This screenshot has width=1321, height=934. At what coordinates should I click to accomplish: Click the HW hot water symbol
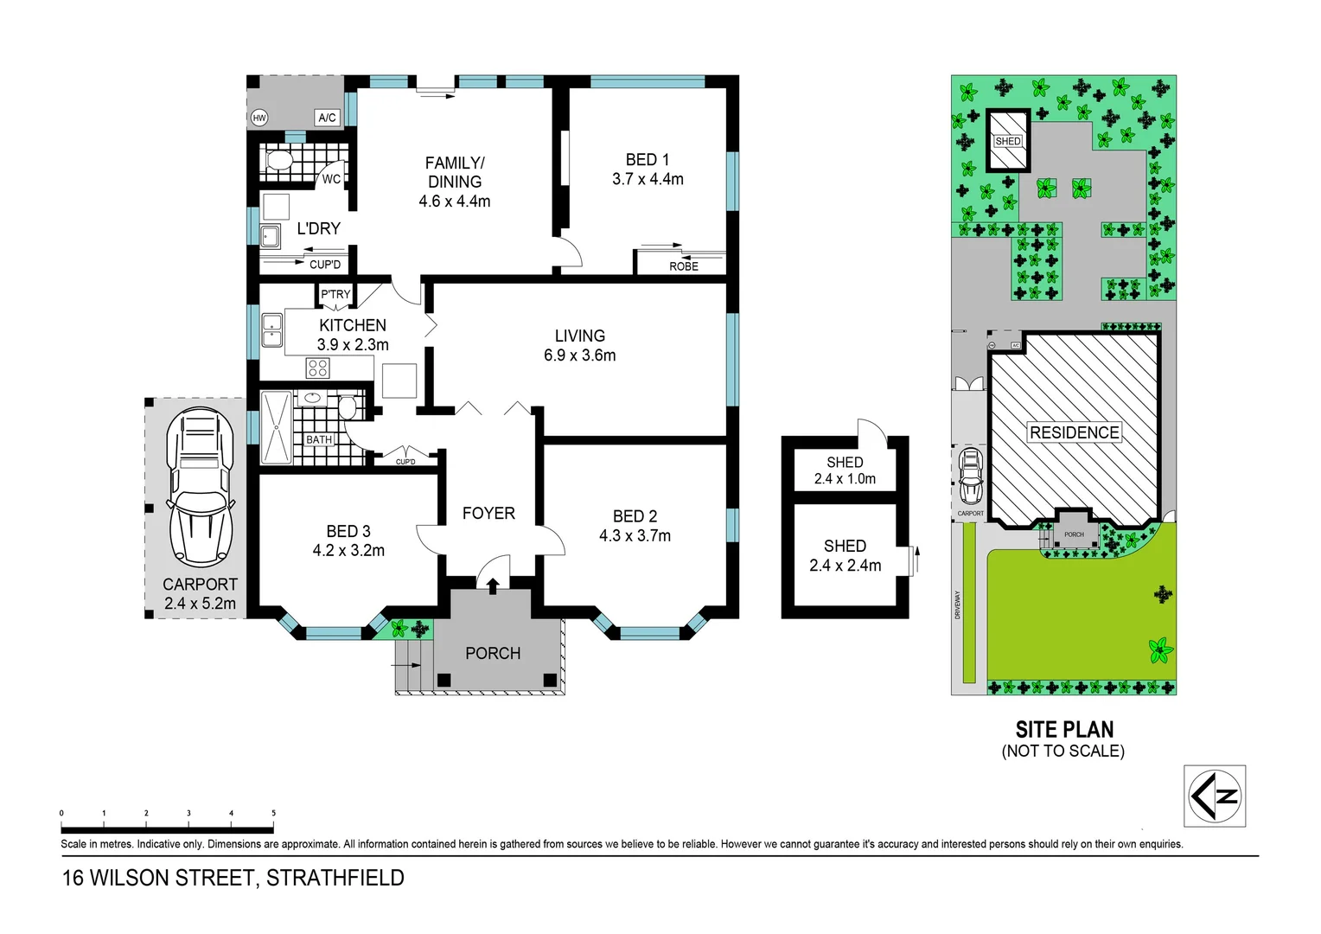click(x=259, y=118)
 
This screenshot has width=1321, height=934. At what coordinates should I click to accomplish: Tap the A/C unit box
click(x=327, y=118)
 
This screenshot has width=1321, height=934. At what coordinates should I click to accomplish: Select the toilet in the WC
click(x=279, y=161)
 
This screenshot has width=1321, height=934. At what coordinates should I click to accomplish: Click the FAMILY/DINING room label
click(x=455, y=172)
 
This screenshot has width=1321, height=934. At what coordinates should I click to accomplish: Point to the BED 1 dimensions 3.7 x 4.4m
click(x=648, y=180)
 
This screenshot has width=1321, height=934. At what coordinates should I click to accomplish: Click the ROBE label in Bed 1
click(x=683, y=266)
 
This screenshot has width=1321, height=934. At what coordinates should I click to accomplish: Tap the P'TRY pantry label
click(x=335, y=294)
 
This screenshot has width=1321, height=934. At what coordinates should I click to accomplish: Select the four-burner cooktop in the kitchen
click(x=317, y=368)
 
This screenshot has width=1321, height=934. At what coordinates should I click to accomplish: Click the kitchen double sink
click(x=272, y=330)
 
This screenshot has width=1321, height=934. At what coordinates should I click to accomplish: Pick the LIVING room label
click(x=579, y=336)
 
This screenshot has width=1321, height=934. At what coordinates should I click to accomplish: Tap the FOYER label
click(x=488, y=514)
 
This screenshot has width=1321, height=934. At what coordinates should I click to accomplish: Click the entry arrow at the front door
click(x=493, y=586)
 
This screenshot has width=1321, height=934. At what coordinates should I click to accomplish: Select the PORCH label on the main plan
click(x=493, y=654)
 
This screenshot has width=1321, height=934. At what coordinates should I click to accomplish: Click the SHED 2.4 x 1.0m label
click(x=845, y=470)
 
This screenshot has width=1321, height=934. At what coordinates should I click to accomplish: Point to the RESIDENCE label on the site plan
click(x=1074, y=432)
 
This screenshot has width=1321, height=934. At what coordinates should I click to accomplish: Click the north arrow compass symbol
click(x=1214, y=796)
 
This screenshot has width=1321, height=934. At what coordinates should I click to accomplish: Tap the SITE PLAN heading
click(x=1064, y=730)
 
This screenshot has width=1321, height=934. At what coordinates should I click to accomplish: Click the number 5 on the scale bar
click(x=273, y=813)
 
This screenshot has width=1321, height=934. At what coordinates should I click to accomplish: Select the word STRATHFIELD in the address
click(x=335, y=878)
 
